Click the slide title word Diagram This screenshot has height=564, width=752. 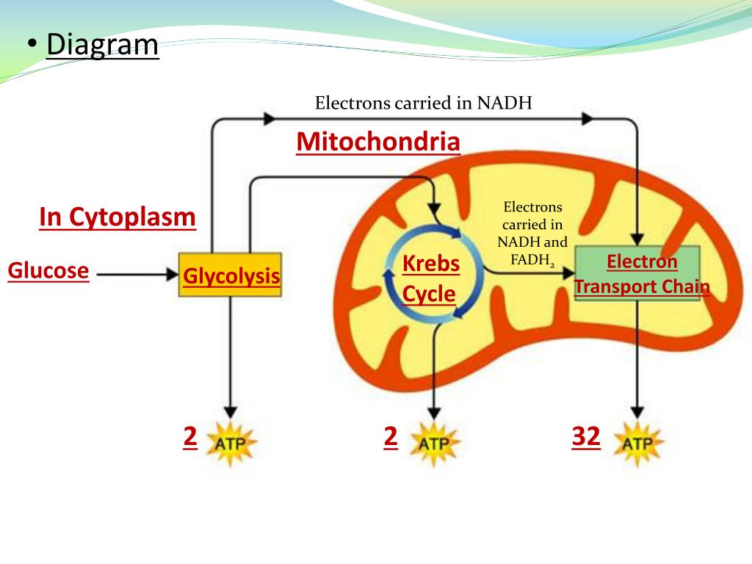(x=102, y=45)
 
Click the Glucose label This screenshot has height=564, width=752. (x=48, y=271)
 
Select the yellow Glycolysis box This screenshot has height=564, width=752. (x=231, y=275)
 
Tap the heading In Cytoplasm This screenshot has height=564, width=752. (x=117, y=217)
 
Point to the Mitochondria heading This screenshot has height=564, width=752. (x=378, y=142)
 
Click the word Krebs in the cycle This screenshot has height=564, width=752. (x=431, y=264)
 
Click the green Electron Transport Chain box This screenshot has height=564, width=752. (x=637, y=273)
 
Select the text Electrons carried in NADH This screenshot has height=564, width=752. (x=423, y=103)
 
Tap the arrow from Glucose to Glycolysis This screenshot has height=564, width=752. (x=136, y=275)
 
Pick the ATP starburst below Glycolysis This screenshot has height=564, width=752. (x=231, y=443)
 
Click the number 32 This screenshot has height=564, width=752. (x=586, y=437)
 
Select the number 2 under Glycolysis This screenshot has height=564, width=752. (x=190, y=437)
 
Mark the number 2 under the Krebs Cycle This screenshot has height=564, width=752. (x=391, y=437)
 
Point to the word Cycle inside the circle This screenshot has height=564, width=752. (x=430, y=294)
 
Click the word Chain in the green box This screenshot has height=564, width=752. (x=685, y=286)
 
